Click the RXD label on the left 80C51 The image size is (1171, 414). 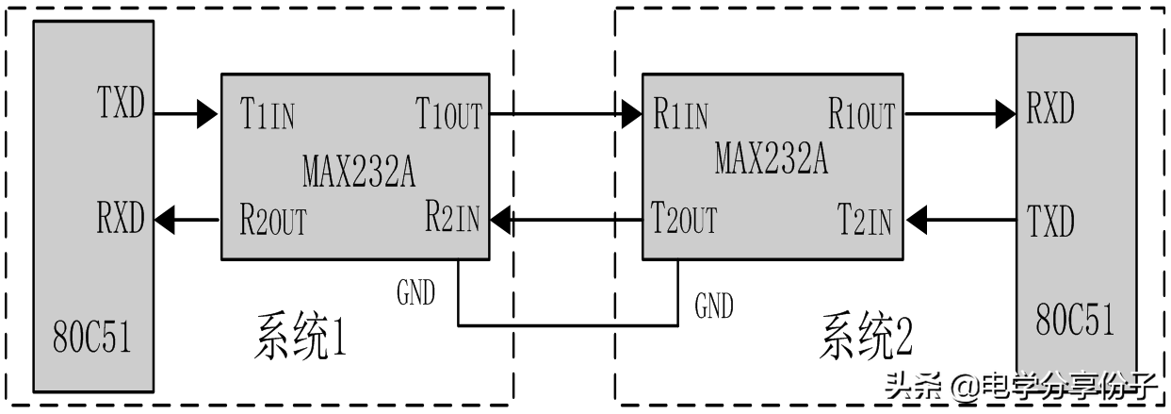click(121, 219)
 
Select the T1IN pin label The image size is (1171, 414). click(268, 116)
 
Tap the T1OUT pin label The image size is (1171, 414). click(448, 116)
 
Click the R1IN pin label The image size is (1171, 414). click(679, 116)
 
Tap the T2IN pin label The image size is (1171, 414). click(865, 221)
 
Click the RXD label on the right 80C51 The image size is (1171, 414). click(1049, 109)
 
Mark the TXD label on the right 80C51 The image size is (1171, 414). click(1050, 224)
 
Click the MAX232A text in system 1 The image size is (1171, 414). click(359, 172)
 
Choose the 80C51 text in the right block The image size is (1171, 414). click(1075, 319)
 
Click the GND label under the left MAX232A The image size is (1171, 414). click(415, 293)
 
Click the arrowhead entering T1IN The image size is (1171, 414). click(207, 116)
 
